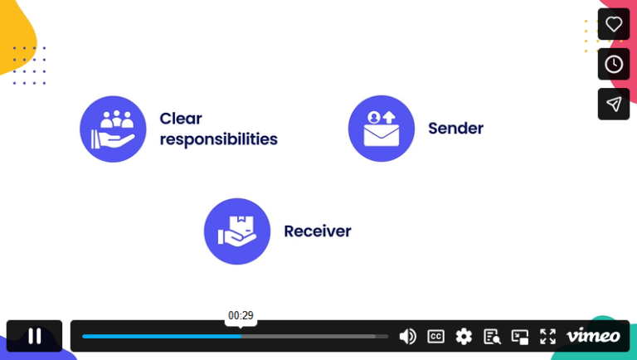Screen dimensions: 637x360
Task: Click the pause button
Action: pyautogui.click(x=35, y=336)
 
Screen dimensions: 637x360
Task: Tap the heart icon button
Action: pyautogui.click(x=614, y=24)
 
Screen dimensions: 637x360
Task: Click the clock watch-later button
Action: pyautogui.click(x=614, y=64)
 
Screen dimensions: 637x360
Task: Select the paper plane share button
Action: pyautogui.click(x=614, y=104)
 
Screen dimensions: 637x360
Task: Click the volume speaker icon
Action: pyautogui.click(x=407, y=337)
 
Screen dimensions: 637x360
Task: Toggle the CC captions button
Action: pyautogui.click(x=435, y=337)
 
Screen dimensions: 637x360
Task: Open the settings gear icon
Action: pyautogui.click(x=464, y=337)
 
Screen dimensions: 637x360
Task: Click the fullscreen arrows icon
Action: pyautogui.click(x=547, y=337)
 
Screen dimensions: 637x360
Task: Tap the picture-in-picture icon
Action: pyautogui.click(x=519, y=337)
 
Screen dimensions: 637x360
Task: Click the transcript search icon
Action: pyautogui.click(x=492, y=337)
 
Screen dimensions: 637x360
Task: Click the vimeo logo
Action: pyautogui.click(x=593, y=336)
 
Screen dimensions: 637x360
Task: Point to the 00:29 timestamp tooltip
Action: pyautogui.click(x=241, y=316)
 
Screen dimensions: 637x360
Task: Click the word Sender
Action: pyautogui.click(x=456, y=129)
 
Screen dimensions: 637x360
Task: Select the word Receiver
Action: pyautogui.click(x=318, y=231)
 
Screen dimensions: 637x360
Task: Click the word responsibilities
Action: pyautogui.click(x=219, y=139)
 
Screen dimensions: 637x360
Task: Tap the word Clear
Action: pyautogui.click(x=181, y=119)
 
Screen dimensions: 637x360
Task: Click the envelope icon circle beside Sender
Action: pyautogui.click(x=382, y=129)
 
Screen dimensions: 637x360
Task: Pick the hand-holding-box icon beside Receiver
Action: pyautogui.click(x=237, y=231)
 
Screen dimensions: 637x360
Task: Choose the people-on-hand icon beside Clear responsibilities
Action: pyautogui.click(x=113, y=129)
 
